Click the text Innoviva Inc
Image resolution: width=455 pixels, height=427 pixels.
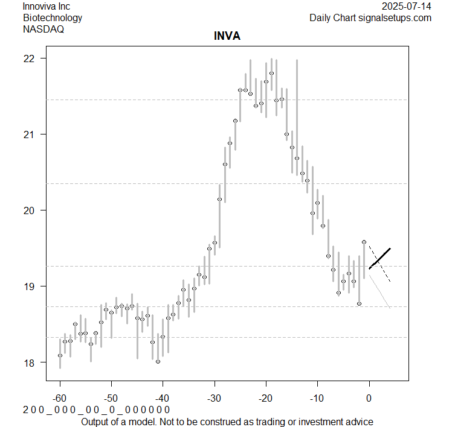46,7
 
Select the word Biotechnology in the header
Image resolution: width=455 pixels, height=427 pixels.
53,17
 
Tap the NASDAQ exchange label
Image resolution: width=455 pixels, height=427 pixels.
44,28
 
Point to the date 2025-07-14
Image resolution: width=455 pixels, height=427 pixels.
407,7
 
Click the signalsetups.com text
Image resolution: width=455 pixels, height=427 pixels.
395,17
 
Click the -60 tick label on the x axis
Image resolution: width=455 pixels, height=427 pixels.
60,399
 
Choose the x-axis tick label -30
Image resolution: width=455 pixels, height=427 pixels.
215,399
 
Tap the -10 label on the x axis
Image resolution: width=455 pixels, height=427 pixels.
317,399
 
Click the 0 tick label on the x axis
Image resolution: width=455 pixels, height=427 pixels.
369,399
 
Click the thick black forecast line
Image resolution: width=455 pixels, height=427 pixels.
380,258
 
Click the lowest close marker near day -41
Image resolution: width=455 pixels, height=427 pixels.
158,362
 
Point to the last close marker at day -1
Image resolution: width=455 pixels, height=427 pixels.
364,242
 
